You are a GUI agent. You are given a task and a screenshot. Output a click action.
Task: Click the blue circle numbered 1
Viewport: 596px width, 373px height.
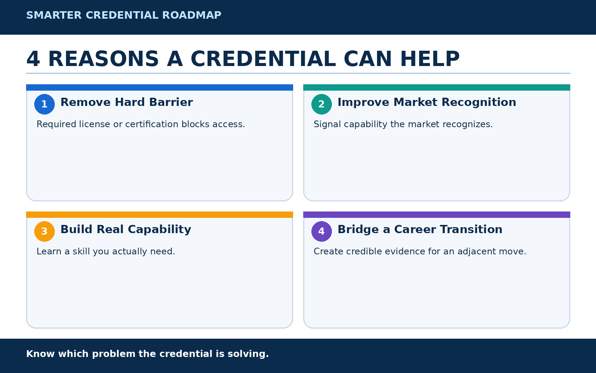coord(44,104)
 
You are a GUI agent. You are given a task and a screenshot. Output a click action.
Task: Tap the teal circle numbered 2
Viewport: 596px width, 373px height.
coord(321,104)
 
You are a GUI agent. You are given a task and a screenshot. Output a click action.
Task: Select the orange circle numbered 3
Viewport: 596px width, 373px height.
coord(44,231)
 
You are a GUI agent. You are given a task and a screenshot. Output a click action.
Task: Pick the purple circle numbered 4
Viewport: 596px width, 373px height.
coord(321,231)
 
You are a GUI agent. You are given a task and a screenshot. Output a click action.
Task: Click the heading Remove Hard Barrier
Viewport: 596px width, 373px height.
coord(127,102)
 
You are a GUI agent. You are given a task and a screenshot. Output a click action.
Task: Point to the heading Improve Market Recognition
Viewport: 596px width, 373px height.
coord(427,102)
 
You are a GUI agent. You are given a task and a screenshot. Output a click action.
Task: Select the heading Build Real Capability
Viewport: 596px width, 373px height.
coord(126,230)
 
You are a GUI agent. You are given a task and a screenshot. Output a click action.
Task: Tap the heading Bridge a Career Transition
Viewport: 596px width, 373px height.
coord(420,230)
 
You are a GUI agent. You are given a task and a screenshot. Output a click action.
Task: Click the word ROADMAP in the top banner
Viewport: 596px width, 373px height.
coord(192,15)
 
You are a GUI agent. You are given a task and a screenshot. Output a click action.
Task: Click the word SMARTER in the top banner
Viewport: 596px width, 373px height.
coord(54,15)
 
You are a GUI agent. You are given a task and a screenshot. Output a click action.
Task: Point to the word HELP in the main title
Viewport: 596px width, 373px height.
coord(430,59)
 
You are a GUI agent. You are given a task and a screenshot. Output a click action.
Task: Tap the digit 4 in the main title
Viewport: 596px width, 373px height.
coord(33,59)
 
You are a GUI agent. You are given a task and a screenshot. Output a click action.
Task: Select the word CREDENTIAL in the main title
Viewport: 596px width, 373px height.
coord(263,59)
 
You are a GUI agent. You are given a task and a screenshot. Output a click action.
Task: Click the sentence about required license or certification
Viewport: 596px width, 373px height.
coord(141,125)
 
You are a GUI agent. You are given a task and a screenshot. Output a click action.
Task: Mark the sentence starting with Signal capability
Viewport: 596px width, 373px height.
coord(403,125)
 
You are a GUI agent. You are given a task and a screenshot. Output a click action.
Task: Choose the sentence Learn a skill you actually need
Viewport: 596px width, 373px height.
coord(106,251)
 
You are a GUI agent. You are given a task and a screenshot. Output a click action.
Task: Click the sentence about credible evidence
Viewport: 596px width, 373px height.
coord(420,251)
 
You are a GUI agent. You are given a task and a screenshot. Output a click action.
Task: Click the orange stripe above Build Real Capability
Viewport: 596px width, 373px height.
coord(160,215)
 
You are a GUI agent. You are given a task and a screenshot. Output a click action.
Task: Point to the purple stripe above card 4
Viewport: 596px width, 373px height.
coord(437,215)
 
